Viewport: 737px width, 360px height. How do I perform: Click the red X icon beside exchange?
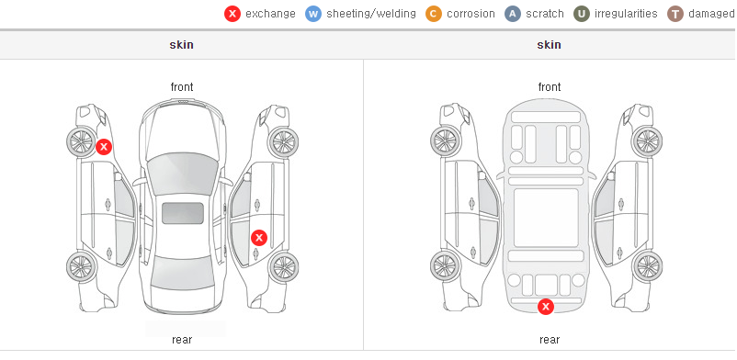(x=232, y=14)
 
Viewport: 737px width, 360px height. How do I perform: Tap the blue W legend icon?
(x=313, y=14)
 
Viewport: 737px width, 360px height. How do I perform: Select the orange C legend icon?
(x=434, y=14)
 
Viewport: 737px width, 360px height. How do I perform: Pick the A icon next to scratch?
(x=513, y=14)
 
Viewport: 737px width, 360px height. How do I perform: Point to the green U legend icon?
(x=582, y=14)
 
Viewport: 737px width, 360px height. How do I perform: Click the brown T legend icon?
(x=675, y=14)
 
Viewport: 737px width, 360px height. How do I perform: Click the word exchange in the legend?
(x=270, y=14)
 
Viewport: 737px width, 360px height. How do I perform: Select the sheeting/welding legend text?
(x=371, y=14)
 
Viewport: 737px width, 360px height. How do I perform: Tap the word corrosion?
(x=471, y=14)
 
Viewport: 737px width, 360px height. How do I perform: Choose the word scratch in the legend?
(x=545, y=14)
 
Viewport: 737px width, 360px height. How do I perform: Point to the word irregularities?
(x=626, y=14)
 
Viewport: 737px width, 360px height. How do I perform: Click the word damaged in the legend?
(x=711, y=14)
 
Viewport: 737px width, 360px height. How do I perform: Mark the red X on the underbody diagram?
(x=546, y=307)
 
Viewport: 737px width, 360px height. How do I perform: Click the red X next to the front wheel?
(x=104, y=147)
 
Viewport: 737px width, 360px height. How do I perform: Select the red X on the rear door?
(x=259, y=238)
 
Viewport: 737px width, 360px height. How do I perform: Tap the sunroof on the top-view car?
(x=183, y=213)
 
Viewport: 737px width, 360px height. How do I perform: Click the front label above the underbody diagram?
(x=550, y=87)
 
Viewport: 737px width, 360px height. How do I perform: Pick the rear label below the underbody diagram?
(x=550, y=340)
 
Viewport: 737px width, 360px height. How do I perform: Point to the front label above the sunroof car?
(x=182, y=87)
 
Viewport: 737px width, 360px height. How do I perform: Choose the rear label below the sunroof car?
(x=182, y=340)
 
